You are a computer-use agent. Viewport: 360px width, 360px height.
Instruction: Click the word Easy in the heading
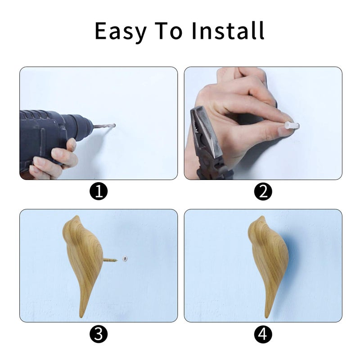click(121, 31)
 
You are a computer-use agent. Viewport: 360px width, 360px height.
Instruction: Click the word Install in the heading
click(228, 31)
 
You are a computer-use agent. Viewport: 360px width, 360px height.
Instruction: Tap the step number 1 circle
click(99, 191)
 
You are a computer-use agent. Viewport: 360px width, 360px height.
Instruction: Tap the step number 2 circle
click(263, 191)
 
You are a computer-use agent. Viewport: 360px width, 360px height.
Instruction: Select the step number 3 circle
click(99, 334)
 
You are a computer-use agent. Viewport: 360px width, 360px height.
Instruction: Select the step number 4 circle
click(263, 334)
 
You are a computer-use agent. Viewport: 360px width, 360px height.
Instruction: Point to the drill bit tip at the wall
click(114, 126)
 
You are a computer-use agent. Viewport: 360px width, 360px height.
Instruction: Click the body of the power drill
click(53, 133)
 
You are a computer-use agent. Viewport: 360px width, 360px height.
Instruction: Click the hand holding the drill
click(55, 161)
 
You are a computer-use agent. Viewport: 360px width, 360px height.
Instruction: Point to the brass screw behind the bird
click(110, 260)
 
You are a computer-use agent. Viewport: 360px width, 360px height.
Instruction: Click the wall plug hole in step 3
click(125, 259)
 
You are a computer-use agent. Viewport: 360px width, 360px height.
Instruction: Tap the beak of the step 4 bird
click(262, 218)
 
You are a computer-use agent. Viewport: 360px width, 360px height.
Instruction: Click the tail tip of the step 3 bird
click(81, 317)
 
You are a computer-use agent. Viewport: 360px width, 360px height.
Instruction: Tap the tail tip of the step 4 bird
click(266, 317)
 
